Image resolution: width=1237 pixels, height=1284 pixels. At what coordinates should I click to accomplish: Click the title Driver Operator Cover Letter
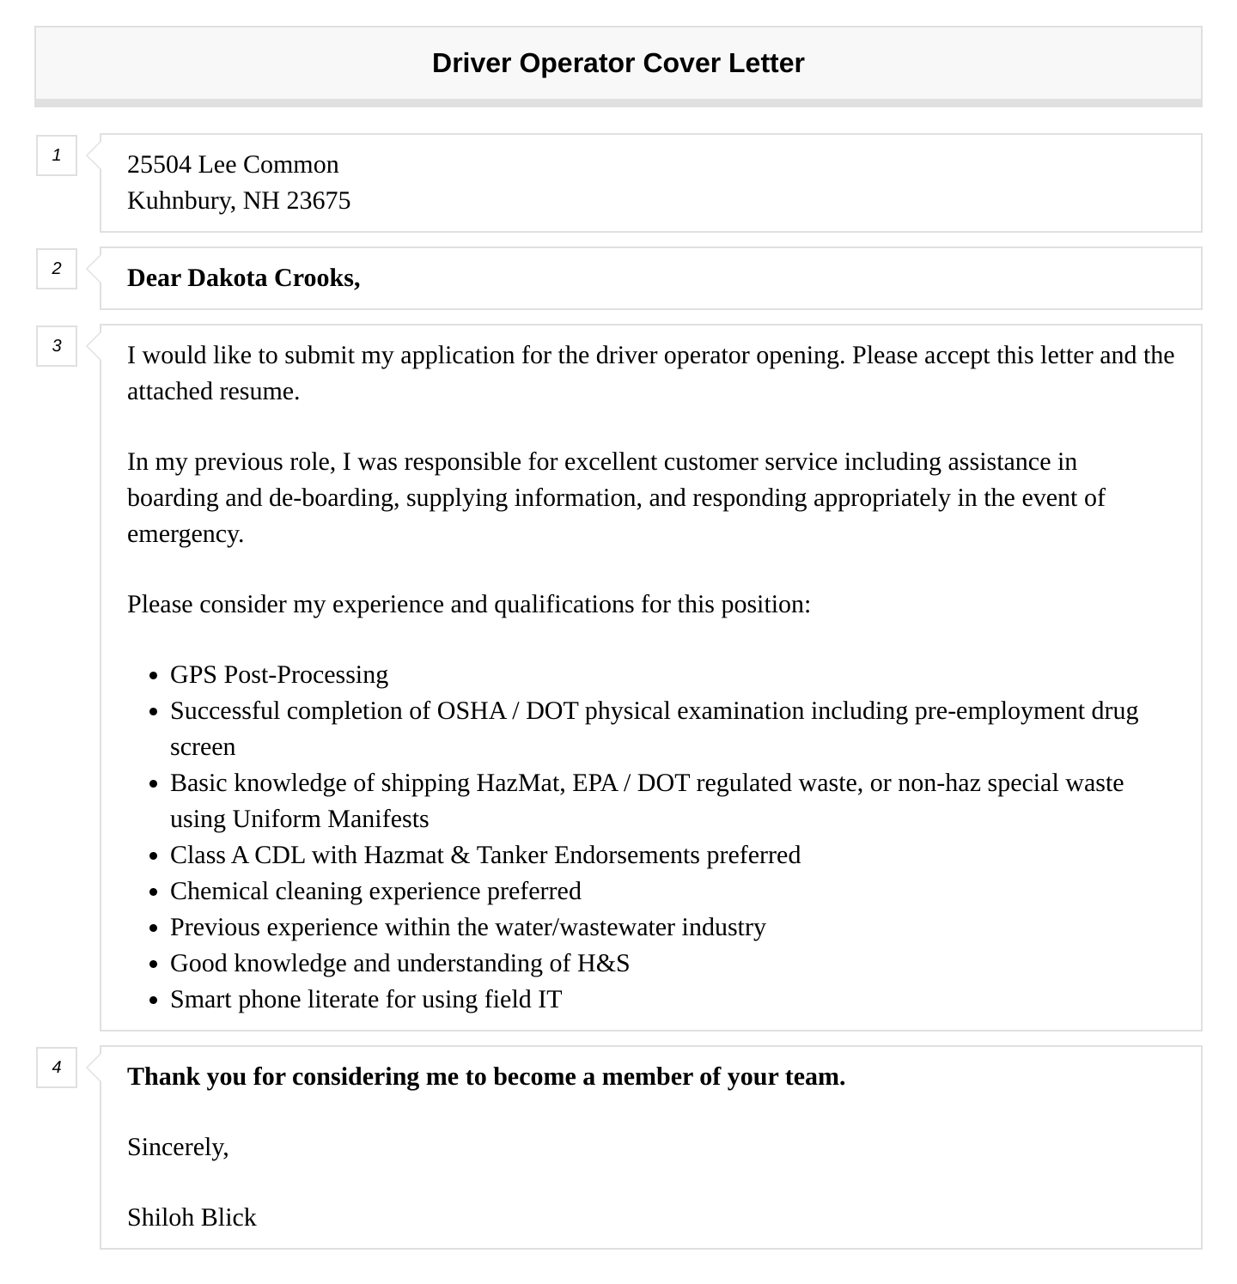[618, 64]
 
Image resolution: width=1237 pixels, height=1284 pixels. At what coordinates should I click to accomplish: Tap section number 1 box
[57, 155]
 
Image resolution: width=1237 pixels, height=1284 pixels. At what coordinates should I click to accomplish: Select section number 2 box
[57, 269]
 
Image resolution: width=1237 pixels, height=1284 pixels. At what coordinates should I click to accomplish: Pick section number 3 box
[57, 346]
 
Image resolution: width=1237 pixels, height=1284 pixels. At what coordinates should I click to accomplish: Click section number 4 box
[57, 1068]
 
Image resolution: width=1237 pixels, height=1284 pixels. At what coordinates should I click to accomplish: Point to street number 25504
[159, 165]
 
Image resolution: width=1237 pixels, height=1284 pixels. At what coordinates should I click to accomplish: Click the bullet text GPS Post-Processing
[279, 675]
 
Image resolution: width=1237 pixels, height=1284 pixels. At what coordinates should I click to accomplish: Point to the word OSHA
[471, 711]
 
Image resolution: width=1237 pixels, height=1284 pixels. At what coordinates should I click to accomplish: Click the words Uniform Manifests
[330, 819]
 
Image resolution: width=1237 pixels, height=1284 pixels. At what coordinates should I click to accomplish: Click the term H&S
[603, 964]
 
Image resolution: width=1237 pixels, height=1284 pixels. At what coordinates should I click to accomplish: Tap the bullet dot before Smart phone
[153, 1001]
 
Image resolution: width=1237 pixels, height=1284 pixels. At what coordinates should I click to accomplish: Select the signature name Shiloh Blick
[192, 1218]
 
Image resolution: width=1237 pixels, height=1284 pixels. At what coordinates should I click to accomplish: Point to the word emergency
[185, 534]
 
